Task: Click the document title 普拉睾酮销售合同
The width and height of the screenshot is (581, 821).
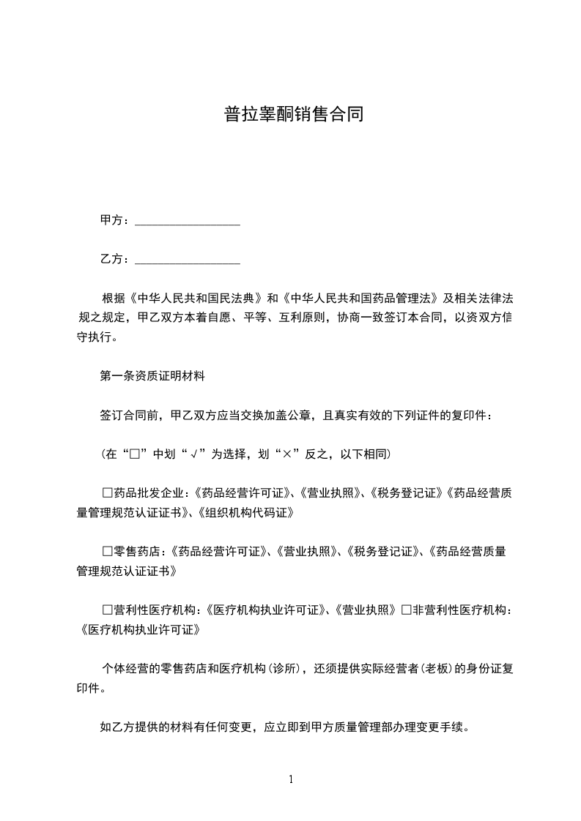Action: click(x=293, y=116)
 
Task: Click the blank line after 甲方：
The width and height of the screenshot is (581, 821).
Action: click(x=188, y=220)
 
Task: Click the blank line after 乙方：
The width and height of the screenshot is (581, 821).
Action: click(x=188, y=259)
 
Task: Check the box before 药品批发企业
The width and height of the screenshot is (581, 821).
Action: click(x=108, y=492)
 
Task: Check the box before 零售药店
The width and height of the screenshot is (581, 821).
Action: click(x=108, y=551)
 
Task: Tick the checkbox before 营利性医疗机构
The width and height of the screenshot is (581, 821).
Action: click(x=108, y=610)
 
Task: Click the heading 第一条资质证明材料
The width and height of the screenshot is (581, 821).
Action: click(x=152, y=377)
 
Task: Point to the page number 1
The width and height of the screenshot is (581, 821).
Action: click(x=291, y=779)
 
